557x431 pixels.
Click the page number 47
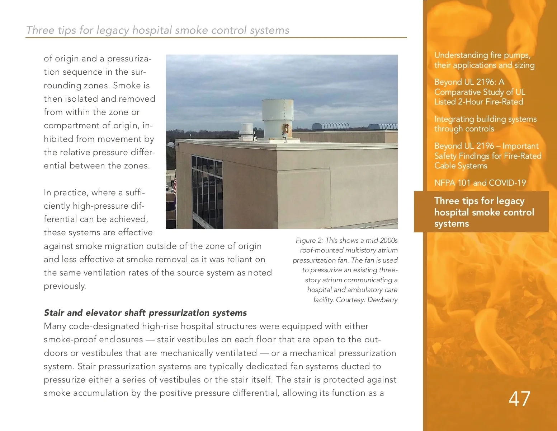pyautogui.click(x=519, y=399)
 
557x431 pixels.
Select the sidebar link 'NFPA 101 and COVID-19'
pyautogui.click(x=480, y=183)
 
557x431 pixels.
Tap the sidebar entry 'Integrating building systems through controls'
pyautogui.click(x=485, y=124)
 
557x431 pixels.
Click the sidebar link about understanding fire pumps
pyautogui.click(x=484, y=60)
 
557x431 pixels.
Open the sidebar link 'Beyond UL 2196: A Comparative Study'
pyautogui.click(x=479, y=92)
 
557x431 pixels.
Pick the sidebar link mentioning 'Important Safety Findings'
pyautogui.click(x=487, y=156)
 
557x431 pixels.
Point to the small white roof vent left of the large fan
pyautogui.click(x=246, y=131)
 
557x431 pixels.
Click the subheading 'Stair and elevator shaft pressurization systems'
pyautogui.click(x=145, y=313)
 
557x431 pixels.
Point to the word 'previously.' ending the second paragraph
pyautogui.click(x=65, y=286)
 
